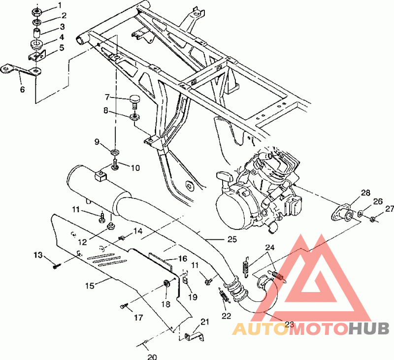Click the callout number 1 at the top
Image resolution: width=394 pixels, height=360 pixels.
point(60,5)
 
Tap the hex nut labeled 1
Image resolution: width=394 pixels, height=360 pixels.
point(37,12)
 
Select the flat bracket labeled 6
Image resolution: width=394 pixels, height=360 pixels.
point(21,69)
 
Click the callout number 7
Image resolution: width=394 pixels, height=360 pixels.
point(107,97)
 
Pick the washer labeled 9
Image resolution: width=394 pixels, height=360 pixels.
point(115,152)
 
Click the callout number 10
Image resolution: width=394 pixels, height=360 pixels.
point(135,168)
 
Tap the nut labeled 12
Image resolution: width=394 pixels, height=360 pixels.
point(110,227)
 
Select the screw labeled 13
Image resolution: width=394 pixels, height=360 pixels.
point(57,266)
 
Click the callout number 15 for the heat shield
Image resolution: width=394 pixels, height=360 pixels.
point(90,286)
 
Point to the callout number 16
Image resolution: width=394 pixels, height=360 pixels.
point(183,259)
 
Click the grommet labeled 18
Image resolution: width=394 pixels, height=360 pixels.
point(166,283)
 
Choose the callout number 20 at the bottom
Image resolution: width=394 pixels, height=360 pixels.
point(152,357)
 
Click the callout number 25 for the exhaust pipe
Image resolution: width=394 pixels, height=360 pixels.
point(232,239)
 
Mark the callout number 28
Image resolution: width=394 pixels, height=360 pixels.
point(365,193)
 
